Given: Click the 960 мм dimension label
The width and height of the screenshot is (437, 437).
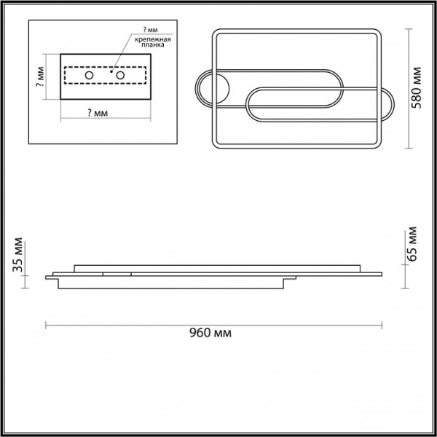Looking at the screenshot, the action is (x=210, y=333).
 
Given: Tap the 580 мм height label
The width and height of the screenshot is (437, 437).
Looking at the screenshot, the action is (x=417, y=88).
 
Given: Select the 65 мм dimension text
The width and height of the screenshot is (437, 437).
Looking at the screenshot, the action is (x=412, y=244).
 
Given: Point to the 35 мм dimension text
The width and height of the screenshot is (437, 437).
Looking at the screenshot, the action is (x=17, y=255).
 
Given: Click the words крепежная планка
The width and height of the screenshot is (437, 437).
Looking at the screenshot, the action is (x=152, y=42).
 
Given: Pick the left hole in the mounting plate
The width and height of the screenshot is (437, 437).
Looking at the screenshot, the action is (x=89, y=75).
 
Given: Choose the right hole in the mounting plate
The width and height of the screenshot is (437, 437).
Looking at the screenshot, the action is (x=120, y=75).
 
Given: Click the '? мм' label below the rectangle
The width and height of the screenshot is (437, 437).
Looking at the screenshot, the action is (x=98, y=113).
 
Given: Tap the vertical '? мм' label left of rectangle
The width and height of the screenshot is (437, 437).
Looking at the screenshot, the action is (x=40, y=76).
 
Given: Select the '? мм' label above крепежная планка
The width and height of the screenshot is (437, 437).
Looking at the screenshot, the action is (x=150, y=30).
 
